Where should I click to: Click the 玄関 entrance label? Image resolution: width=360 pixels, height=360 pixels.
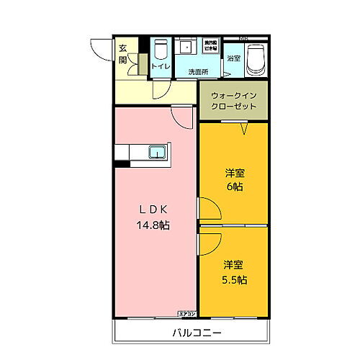coord(123,54)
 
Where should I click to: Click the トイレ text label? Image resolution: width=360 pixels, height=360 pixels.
coord(161,67)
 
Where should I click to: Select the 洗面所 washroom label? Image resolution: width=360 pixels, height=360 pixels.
coord(198,72)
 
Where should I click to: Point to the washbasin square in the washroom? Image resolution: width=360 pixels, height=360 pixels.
coord(185,48)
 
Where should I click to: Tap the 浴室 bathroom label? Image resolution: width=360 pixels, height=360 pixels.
coord(234,58)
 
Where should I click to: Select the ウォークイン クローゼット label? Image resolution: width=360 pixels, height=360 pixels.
coord(233,100)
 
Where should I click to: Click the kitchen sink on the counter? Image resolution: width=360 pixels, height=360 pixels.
coord(157,152)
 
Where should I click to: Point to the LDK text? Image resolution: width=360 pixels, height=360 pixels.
coord(153,210)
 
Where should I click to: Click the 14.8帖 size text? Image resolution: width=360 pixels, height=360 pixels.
coord(153,225)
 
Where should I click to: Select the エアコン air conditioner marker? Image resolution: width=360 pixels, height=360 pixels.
coord(187,313)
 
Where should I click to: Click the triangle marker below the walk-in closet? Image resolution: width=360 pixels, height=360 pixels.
coord(244,130)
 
